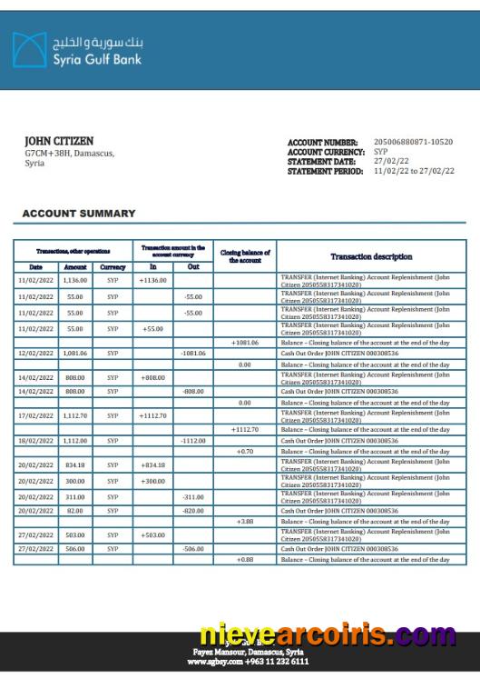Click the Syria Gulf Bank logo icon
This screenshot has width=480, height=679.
29,50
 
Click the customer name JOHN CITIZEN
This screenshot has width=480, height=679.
58,142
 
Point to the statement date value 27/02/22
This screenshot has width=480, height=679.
391,162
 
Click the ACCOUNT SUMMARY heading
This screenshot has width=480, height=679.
79,214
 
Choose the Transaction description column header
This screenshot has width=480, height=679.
371,256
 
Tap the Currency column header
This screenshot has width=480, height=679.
113,267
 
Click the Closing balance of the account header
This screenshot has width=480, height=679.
245,256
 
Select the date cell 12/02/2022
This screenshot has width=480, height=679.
36,353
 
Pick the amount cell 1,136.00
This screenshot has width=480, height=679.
75,281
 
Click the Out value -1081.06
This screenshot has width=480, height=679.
193,353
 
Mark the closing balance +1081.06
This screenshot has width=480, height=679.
245,343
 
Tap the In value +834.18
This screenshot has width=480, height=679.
153,464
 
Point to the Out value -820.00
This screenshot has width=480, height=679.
193,511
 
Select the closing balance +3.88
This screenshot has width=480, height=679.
245,522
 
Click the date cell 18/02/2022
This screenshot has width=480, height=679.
36,440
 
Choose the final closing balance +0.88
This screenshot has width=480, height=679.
245,560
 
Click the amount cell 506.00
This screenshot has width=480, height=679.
75,549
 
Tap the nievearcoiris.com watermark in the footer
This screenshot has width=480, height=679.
328,634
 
